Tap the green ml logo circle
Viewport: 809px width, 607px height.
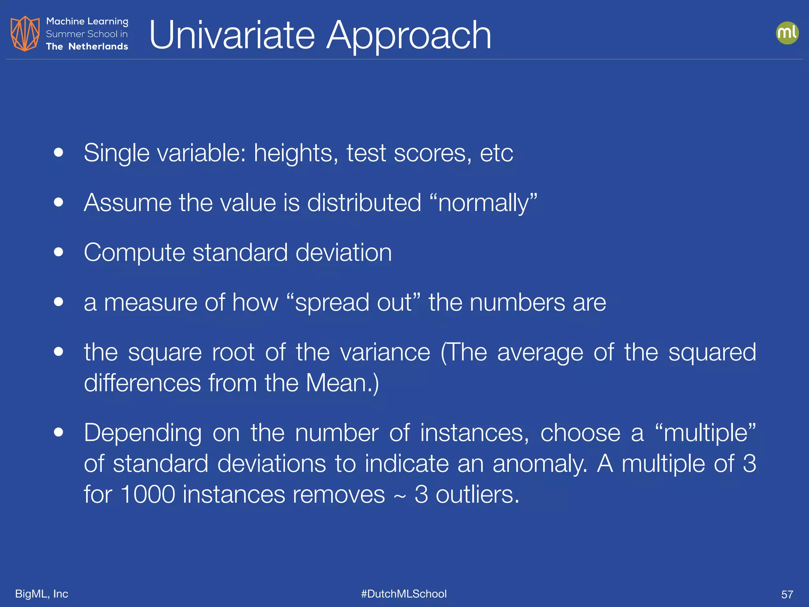(x=787, y=33)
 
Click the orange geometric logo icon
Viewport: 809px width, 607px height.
(x=25, y=34)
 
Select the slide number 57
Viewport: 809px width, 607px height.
(x=787, y=594)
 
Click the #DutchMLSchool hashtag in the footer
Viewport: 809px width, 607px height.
(x=404, y=594)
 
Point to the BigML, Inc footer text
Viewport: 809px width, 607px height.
(x=41, y=594)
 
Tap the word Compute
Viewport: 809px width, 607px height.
(x=134, y=253)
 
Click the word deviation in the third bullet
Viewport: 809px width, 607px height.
(x=343, y=252)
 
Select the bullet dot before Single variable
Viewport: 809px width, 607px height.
(x=58, y=153)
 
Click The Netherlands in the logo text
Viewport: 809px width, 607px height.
(x=87, y=46)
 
